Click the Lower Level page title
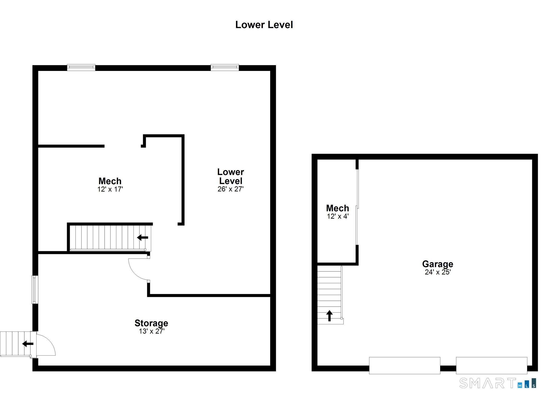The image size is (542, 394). point(264,25)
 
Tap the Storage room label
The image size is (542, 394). point(151,323)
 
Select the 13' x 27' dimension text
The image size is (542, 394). point(152,331)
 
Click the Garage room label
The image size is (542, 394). point(438,264)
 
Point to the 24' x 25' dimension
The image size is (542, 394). point(438,272)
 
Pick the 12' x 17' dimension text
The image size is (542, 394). point(110,189)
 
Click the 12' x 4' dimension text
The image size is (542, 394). point(338,216)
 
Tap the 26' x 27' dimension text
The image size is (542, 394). point(231,189)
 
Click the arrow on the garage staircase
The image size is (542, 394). point(329,316)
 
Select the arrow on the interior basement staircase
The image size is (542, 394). point(142,237)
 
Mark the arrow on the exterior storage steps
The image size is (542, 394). point(28,344)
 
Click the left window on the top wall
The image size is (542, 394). point(81,67)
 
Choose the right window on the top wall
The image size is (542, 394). point(225,67)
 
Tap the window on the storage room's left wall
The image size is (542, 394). point(35,289)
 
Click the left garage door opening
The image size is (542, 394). point(405,365)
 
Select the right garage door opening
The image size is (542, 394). point(491,365)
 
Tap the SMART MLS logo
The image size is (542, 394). point(498,383)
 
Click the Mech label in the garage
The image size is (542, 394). point(337,208)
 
